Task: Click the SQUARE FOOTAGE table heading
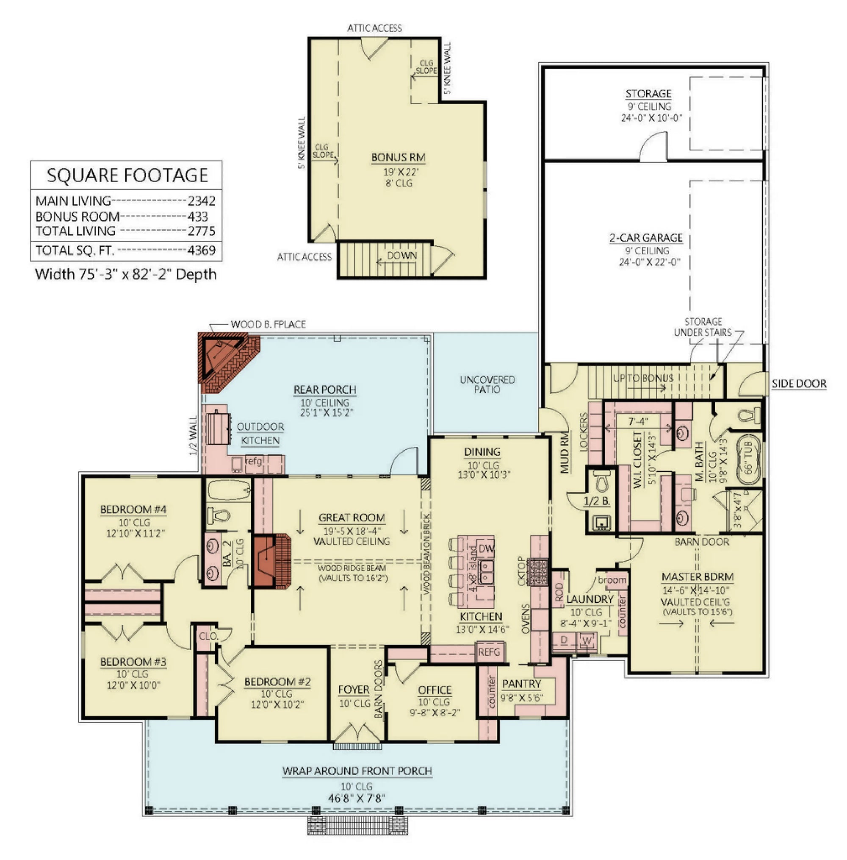click(x=127, y=175)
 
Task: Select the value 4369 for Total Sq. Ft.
click(x=202, y=250)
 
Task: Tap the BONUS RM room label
click(x=398, y=158)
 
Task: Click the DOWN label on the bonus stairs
click(x=402, y=256)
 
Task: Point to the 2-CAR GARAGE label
click(x=646, y=238)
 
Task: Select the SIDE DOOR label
click(x=799, y=384)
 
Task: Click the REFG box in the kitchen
click(x=489, y=652)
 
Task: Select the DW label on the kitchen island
click(x=486, y=548)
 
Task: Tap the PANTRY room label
click(x=521, y=684)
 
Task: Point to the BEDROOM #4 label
click(x=133, y=509)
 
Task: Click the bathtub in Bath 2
click(x=229, y=490)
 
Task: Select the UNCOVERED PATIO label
click(x=487, y=384)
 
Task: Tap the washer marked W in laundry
click(x=587, y=641)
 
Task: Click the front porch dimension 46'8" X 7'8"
click(x=356, y=798)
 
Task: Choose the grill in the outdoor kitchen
click(x=219, y=428)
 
